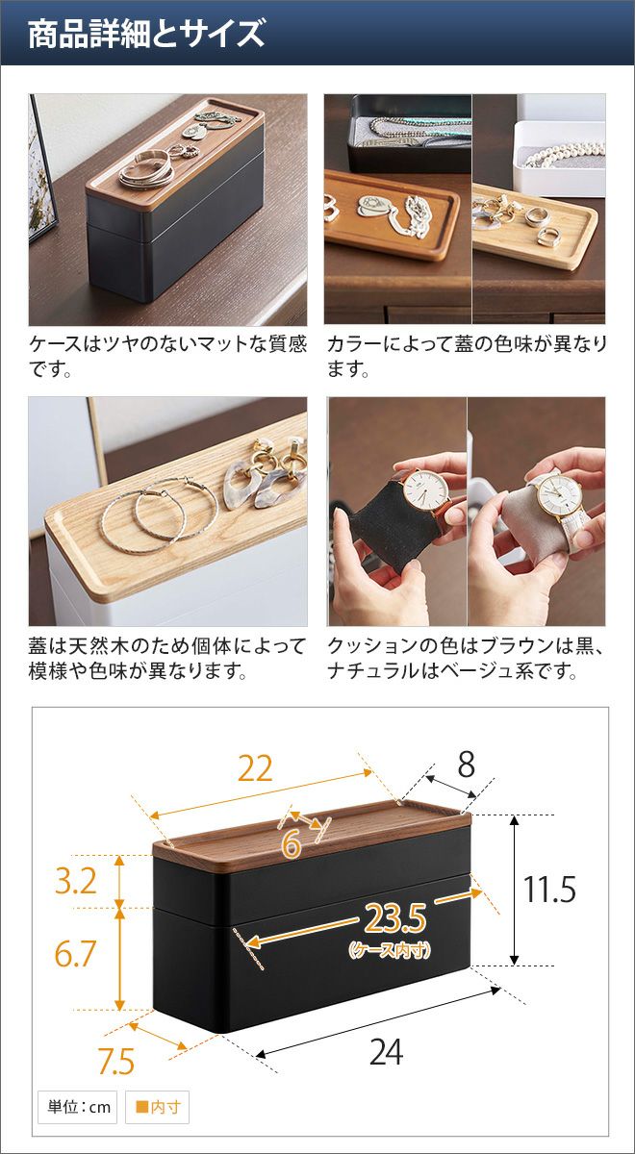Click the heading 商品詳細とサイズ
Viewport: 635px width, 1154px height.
[146, 34]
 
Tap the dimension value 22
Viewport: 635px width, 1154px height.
[255, 769]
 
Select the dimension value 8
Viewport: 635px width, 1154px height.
[466, 765]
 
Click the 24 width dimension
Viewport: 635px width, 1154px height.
[386, 1051]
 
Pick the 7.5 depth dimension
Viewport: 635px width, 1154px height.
[116, 1062]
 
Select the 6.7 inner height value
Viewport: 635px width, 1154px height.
[75, 953]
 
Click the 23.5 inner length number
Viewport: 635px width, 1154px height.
[395, 918]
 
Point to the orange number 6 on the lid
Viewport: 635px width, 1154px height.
[292, 844]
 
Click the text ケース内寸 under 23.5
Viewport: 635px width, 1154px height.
[390, 949]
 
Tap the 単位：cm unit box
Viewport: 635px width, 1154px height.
[77, 1107]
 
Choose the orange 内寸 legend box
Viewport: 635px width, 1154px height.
[157, 1107]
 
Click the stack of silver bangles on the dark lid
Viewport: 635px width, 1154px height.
[146, 169]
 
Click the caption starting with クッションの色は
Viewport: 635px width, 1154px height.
[466, 658]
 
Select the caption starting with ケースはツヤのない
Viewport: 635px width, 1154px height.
[167, 356]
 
